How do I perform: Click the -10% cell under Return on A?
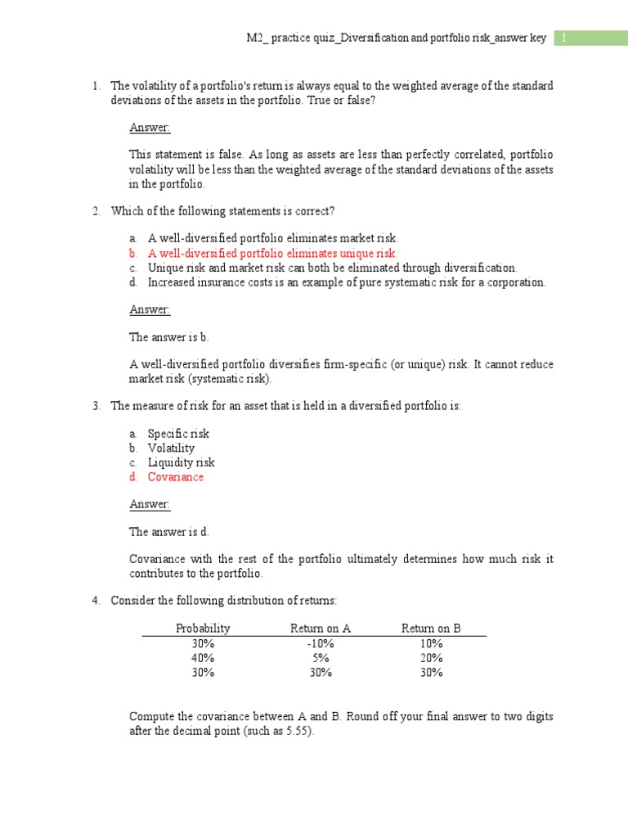321,643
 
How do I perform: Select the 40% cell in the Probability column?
203,658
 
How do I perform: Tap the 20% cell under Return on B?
431,658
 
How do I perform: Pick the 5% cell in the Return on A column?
321,658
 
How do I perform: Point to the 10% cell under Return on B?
431,643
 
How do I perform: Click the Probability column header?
203,628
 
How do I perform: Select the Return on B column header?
431,628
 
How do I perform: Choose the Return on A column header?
321,628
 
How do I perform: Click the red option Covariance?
175,477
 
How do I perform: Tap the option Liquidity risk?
181,462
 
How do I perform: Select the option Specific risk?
178,434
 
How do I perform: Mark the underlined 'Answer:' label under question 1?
150,128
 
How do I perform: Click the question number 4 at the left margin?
95,601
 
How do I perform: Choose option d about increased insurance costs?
346,282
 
